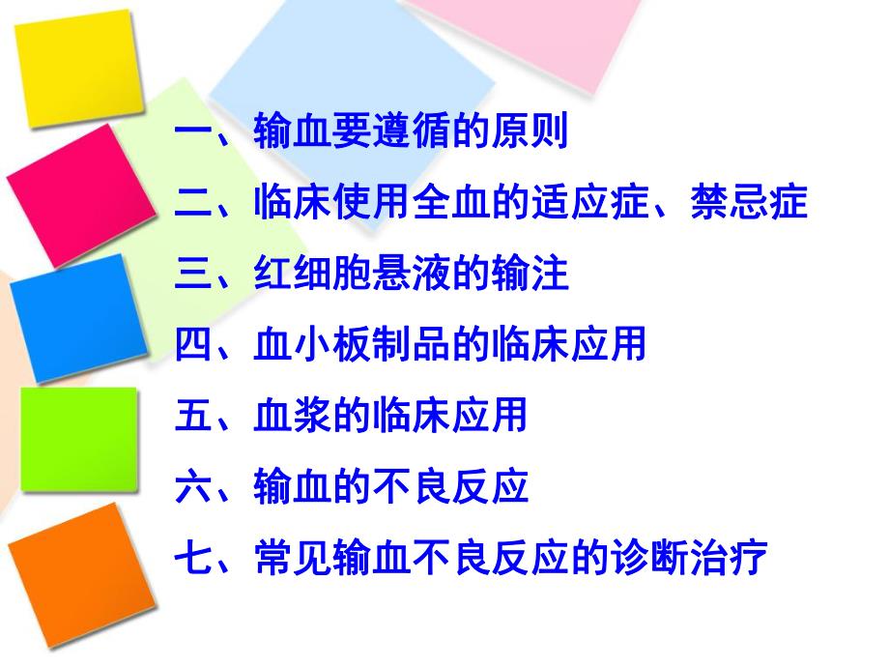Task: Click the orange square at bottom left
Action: coord(82,570)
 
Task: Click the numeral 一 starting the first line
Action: coord(194,132)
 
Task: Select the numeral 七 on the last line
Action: coord(194,559)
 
